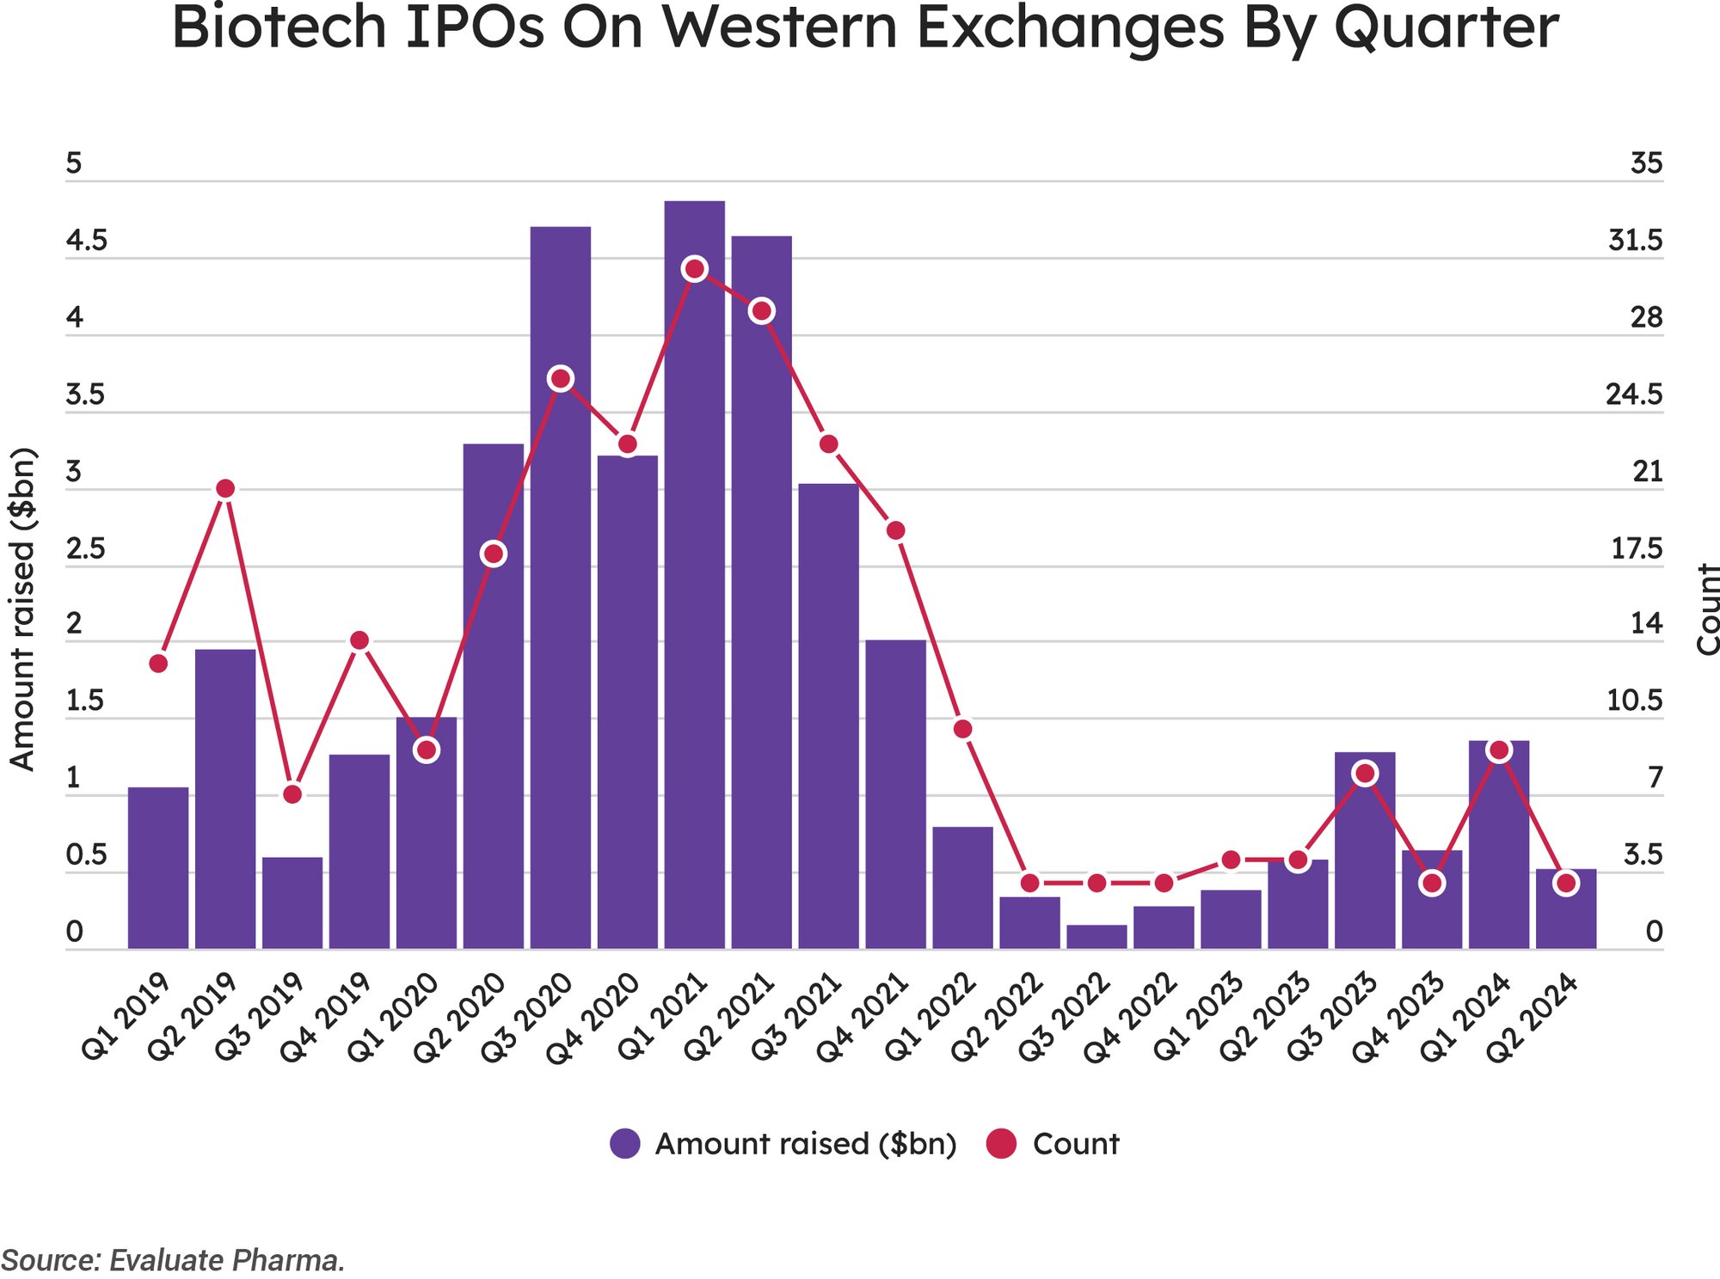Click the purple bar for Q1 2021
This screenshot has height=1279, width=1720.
(694, 602)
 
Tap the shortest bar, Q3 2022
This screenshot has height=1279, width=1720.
(1096, 937)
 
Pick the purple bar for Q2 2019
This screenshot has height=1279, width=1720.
(225, 799)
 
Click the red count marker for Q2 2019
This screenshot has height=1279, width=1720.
(225, 489)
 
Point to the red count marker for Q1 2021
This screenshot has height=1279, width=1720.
(694, 269)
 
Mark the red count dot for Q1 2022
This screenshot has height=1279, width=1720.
(963, 729)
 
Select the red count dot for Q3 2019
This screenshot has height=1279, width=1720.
(292, 794)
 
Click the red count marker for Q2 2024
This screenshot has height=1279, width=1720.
(1566, 883)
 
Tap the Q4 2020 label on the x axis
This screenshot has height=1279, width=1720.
(593, 1019)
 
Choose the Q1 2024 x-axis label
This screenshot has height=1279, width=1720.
(1465, 1019)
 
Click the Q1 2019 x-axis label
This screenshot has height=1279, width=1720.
(125, 1019)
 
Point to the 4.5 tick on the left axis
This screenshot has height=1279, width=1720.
(86, 241)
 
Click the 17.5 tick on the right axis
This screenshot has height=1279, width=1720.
(1636, 549)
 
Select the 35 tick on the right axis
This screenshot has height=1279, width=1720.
(1646, 163)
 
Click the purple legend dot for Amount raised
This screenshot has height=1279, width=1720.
(625, 1144)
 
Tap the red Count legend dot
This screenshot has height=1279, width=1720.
(1001, 1144)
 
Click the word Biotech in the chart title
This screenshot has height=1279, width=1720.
(279, 28)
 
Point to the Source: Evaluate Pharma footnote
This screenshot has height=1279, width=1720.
(173, 1260)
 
